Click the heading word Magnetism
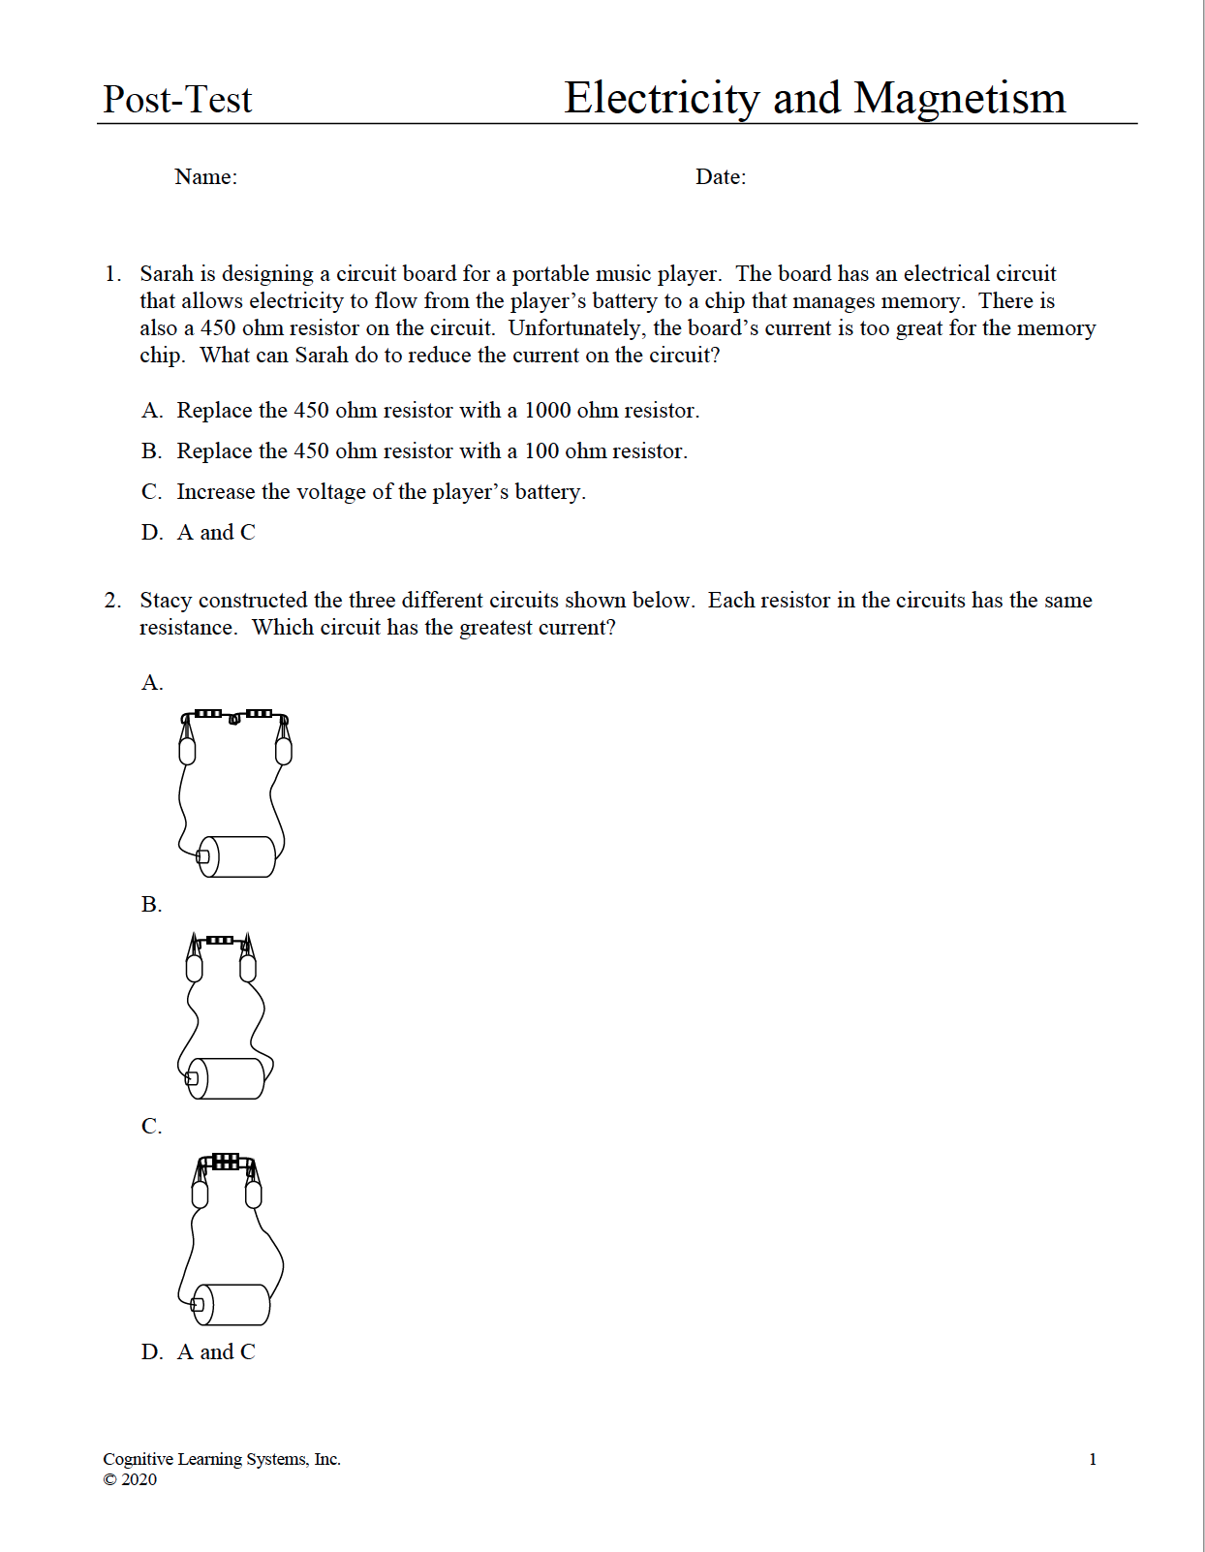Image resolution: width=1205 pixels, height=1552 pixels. pyautogui.click(x=960, y=98)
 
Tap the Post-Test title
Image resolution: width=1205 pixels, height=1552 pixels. pyautogui.click(x=177, y=99)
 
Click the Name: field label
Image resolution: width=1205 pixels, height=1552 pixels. pyautogui.click(x=205, y=176)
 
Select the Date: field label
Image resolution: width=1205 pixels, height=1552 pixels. pyautogui.click(x=721, y=176)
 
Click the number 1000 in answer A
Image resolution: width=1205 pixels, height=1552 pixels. pyautogui.click(x=547, y=411)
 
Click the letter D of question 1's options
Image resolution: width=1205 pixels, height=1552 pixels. pyautogui.click(x=151, y=533)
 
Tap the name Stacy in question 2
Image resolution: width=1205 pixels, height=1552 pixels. pyautogui.click(x=166, y=601)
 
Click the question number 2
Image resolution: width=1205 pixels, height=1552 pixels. pyautogui.click(x=112, y=601)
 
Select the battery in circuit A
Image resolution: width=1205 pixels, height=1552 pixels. pyautogui.click(x=237, y=856)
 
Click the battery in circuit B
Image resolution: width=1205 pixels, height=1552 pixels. pyautogui.click(x=227, y=1078)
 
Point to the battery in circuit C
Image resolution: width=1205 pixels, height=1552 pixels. pyautogui.click(x=232, y=1305)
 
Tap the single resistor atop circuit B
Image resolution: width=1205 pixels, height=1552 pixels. pyautogui.click(x=220, y=940)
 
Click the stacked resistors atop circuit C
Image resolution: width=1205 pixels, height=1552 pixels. pyautogui.click(x=226, y=1161)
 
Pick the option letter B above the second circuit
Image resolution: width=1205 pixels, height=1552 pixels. pyautogui.click(x=151, y=905)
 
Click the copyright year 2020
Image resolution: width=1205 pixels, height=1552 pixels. pyautogui.click(x=139, y=1479)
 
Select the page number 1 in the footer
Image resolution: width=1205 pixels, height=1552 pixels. pyautogui.click(x=1093, y=1459)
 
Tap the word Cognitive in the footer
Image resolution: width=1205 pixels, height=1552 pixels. pyautogui.click(x=138, y=1459)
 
